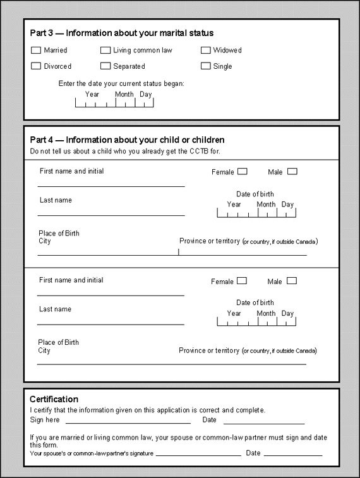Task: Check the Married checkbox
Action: click(x=36, y=50)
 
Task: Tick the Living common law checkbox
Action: click(x=105, y=50)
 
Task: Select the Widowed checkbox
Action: click(x=206, y=50)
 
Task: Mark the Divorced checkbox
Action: click(x=36, y=66)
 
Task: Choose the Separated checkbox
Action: click(x=105, y=66)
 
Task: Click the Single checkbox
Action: click(x=206, y=66)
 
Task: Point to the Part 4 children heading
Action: click(x=127, y=140)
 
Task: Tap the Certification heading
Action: click(x=54, y=399)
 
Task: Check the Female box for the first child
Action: click(x=242, y=171)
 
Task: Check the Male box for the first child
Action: click(x=292, y=171)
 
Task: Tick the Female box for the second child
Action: click(x=241, y=281)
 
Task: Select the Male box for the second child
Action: click(x=291, y=281)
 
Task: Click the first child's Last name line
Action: click(x=111, y=215)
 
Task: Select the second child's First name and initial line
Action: click(x=111, y=294)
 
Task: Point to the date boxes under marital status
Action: click(x=114, y=102)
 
